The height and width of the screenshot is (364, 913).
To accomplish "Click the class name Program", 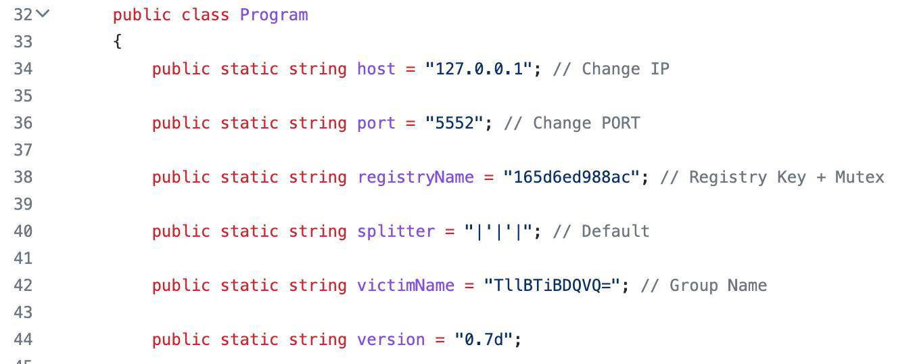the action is (274, 16).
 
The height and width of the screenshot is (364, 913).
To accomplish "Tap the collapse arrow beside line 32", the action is (43, 14).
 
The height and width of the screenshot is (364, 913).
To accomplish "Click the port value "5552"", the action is (454, 122).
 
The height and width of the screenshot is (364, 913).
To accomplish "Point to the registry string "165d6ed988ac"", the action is (571, 177).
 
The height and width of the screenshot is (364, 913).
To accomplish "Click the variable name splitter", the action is (396, 232).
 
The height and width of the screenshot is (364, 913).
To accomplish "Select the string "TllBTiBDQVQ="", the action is (552, 285).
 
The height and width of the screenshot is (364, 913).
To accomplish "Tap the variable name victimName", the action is (406, 285).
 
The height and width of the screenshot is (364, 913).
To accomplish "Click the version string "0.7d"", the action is (484, 339).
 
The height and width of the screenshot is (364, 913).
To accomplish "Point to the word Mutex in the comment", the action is (860, 177).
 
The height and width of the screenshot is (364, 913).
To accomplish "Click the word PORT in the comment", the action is (621, 122).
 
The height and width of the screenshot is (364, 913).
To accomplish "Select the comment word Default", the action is (615, 231).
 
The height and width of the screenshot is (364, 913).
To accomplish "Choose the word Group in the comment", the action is (694, 286).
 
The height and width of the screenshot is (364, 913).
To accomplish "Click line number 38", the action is (23, 177).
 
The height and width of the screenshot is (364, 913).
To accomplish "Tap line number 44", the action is (23, 339).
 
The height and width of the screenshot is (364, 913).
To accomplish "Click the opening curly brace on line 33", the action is (118, 41).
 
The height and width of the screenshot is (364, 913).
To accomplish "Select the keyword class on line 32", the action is (206, 15).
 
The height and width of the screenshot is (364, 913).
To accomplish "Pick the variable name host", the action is (376, 68).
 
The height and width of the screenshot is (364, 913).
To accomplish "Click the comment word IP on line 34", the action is (660, 68).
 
